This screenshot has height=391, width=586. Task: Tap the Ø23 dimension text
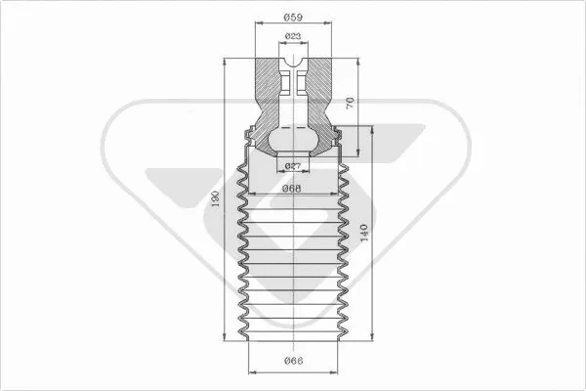pos(292,37)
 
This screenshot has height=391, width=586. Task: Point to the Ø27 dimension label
pos(292,168)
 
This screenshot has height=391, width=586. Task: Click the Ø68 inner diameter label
pos(292,189)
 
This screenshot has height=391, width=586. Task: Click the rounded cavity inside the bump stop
pos(292,142)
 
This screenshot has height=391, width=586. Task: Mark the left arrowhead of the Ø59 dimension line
pos(256,24)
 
